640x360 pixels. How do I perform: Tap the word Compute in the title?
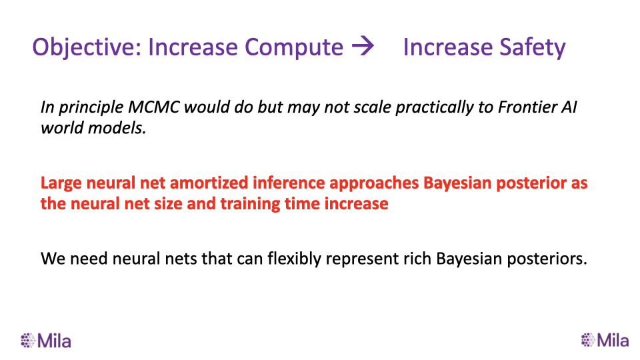[x=294, y=47]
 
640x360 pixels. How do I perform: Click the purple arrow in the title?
[x=363, y=45]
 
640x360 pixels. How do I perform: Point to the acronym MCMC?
[x=154, y=107]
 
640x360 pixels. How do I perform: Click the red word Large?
[x=61, y=183]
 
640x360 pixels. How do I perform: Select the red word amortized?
[x=209, y=183]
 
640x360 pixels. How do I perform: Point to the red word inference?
[x=289, y=183]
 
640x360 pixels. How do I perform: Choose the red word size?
[x=168, y=204]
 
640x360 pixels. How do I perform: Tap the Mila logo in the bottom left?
[x=46, y=341]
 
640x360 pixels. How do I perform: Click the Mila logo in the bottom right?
[x=605, y=340]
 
